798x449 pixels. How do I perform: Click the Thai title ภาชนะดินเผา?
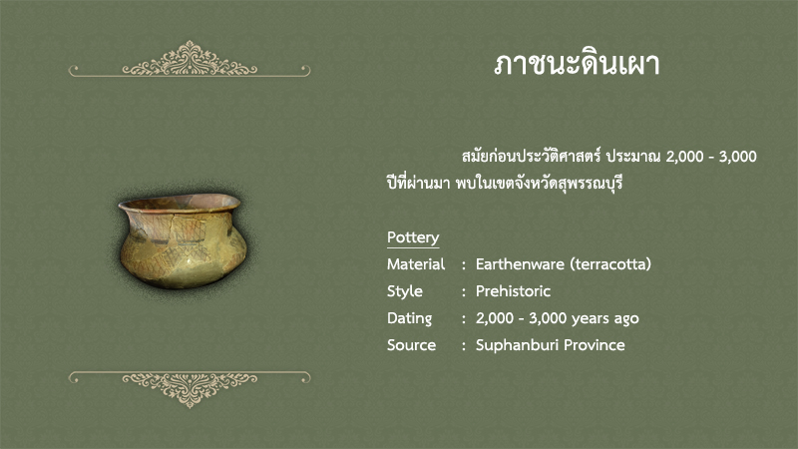point(577,64)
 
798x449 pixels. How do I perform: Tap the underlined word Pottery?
point(413,237)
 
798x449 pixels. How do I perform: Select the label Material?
point(416,264)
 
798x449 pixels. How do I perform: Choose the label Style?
point(405,291)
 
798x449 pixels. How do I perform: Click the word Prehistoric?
point(513,291)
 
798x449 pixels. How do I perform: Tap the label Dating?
point(409,318)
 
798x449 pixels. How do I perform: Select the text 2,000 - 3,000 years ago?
point(558,318)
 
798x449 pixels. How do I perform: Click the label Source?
point(411,345)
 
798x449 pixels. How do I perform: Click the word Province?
point(595,345)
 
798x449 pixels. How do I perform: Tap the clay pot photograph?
point(183,240)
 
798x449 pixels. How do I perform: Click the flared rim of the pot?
point(180,203)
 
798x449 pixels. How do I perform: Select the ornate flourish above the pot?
point(190,60)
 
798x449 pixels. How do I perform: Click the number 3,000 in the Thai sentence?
point(737,157)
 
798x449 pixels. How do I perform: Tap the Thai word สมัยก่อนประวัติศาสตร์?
point(532,156)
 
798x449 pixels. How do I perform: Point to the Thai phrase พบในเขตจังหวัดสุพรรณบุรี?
point(539,183)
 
